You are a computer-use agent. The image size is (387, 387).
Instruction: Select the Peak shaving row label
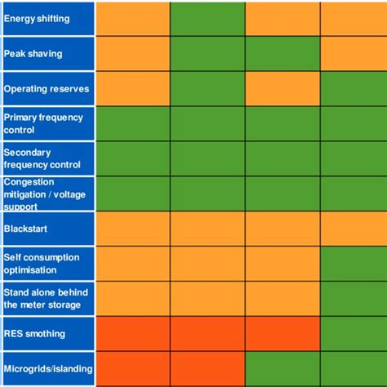(33, 54)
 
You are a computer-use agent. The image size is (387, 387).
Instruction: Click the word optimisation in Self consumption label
(30, 269)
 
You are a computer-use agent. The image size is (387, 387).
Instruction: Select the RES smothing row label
(34, 333)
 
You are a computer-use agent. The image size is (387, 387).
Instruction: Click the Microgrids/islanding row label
(47, 368)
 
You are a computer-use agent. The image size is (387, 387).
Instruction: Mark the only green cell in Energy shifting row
(207, 19)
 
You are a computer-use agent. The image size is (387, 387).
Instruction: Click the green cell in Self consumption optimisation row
(353, 263)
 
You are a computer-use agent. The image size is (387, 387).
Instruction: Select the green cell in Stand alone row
(353, 298)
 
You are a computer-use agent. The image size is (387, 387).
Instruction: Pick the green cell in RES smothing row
(353, 333)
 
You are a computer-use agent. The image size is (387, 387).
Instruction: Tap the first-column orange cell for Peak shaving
(132, 54)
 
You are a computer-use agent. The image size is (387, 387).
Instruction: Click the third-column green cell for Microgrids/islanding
(282, 368)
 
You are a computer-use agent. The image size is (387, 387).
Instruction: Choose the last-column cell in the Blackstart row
(353, 229)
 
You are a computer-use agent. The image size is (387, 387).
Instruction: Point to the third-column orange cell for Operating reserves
(282, 88)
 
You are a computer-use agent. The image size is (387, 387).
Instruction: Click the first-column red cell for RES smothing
(132, 333)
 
